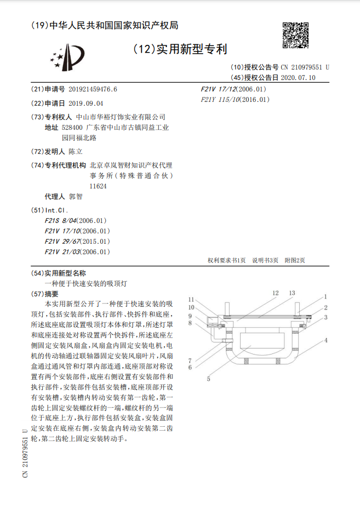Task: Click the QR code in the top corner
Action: tap(296, 36)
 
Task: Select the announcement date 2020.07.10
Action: tap(298, 78)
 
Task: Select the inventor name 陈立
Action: tap(76, 152)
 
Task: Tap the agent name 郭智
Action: tap(76, 196)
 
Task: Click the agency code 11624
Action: tap(99, 186)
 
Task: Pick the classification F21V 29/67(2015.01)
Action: tap(77, 241)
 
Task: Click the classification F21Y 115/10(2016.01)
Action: tap(236, 100)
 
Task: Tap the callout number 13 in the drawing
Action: tap(292, 293)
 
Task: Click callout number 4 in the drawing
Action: tap(325, 340)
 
